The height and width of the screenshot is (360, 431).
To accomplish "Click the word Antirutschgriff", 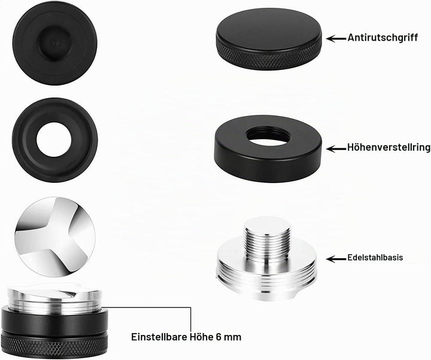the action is click(x=383, y=37).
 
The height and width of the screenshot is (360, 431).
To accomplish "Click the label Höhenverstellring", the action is click(x=388, y=148).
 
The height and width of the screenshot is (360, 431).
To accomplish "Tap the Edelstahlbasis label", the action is click(x=375, y=258).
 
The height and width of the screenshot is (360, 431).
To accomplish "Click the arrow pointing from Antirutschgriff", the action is click(x=336, y=38).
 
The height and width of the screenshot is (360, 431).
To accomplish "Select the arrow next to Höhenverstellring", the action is click(x=336, y=149).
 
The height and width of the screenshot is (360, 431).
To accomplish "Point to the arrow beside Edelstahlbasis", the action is click(x=336, y=259).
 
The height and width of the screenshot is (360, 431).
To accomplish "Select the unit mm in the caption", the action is click(x=233, y=338).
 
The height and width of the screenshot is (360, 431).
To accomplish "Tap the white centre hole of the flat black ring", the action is click(x=54, y=139).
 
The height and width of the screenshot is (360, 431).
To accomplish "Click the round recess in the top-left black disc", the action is click(x=53, y=42).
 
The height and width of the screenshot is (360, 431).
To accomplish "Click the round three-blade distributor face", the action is click(x=55, y=237).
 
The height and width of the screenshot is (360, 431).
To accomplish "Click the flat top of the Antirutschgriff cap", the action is click(x=269, y=26).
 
